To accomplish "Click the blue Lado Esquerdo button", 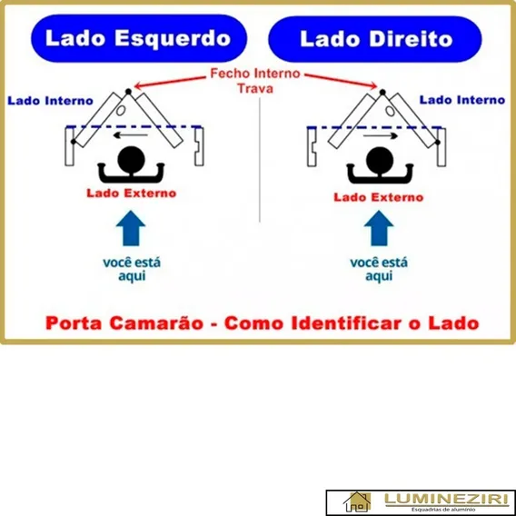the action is tap(139, 38).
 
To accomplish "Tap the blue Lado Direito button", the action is tap(375, 39).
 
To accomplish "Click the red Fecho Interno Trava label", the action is tap(255, 81).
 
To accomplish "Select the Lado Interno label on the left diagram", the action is tap(50, 101).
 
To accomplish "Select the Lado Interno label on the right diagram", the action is tap(462, 100).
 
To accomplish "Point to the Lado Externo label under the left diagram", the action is tap(132, 193).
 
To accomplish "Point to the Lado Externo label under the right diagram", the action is tap(379, 197).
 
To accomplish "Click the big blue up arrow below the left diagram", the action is tap(131, 228).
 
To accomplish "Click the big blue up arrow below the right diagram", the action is tap(379, 228).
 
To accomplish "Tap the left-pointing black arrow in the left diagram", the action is tap(130, 135).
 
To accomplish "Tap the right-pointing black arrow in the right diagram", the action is tap(381, 135).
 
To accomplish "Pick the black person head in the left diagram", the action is tap(132, 160).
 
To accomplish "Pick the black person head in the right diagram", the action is tap(380, 161).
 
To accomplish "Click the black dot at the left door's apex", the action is tap(128, 92).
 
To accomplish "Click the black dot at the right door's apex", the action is tap(382, 92).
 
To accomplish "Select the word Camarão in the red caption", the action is tap(156, 323).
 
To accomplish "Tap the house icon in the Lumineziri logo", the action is tap(357, 501).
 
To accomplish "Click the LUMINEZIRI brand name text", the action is tap(447, 500).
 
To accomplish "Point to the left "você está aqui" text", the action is tap(132, 269).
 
